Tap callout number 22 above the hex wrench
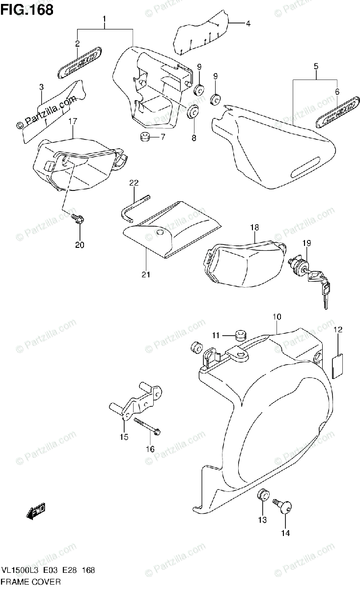coord(134,184)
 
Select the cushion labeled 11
coord(240,336)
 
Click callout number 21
coord(146,274)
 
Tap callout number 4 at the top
coord(248,23)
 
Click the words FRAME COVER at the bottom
coord(30,582)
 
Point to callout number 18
coord(254,227)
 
